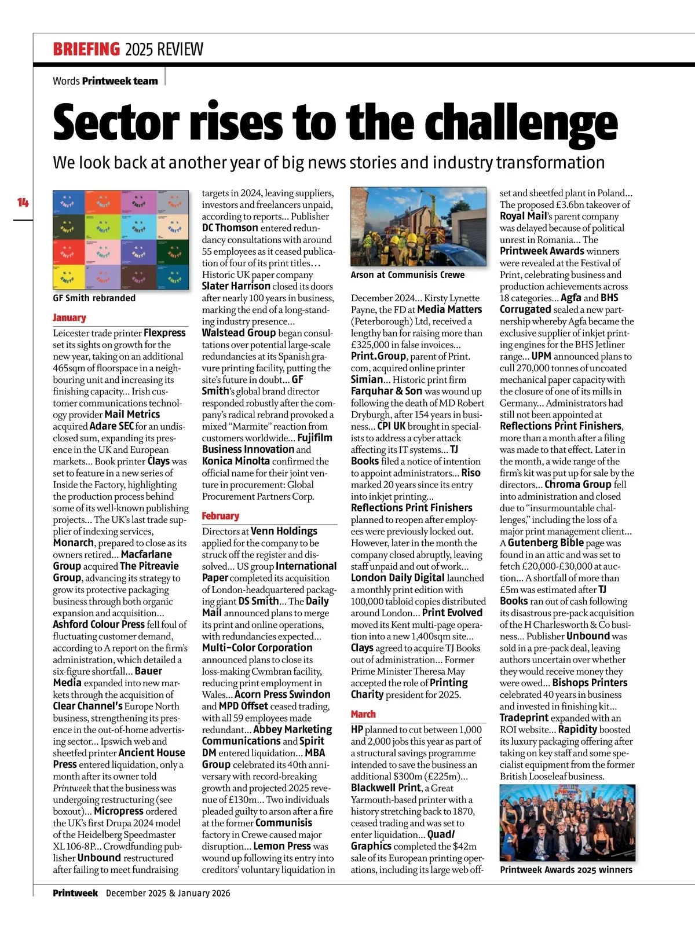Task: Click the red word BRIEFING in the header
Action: click(x=86, y=49)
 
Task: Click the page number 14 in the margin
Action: click(x=23, y=202)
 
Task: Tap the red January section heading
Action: click(x=69, y=317)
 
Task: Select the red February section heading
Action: click(x=221, y=516)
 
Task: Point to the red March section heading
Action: click(x=363, y=714)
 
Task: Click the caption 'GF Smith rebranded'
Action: click(x=94, y=298)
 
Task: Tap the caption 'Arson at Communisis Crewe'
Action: click(x=408, y=275)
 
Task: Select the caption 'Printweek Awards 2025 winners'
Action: click(x=566, y=870)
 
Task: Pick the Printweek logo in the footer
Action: click(x=75, y=893)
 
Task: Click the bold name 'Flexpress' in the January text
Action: click(x=164, y=333)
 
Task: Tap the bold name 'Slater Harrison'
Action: click(x=236, y=286)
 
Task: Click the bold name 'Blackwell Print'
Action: click(x=386, y=788)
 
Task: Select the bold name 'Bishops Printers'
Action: click(x=590, y=683)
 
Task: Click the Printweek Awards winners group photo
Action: click(x=567, y=822)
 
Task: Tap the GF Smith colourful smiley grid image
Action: click(x=120, y=240)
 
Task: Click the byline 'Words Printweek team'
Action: click(x=105, y=81)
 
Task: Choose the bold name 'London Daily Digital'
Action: click(x=397, y=577)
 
